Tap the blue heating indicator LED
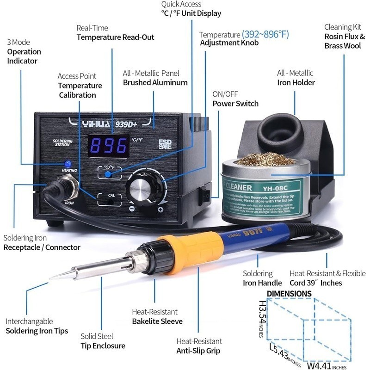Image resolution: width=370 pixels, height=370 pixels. click(68, 164)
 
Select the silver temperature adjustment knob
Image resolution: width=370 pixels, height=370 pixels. click(141, 190)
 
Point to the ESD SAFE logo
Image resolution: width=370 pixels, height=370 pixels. click(165, 144)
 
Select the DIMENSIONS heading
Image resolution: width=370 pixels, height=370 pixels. click(289, 293)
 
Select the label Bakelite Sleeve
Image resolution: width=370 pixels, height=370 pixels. click(157, 321)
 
